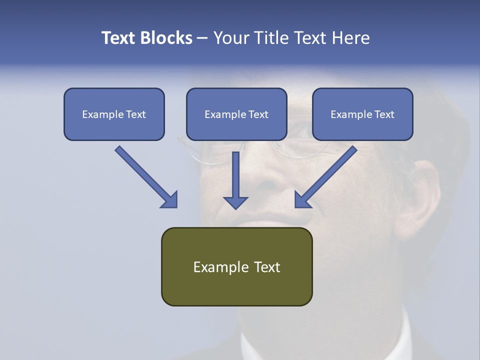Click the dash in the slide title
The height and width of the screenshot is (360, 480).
pyautogui.click(x=202, y=38)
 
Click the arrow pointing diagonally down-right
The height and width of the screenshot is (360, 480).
pyautogui.click(x=145, y=176)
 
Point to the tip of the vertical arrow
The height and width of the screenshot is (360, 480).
pyautogui.click(x=235, y=207)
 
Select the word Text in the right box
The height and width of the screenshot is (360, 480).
pyautogui.click(x=383, y=114)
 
